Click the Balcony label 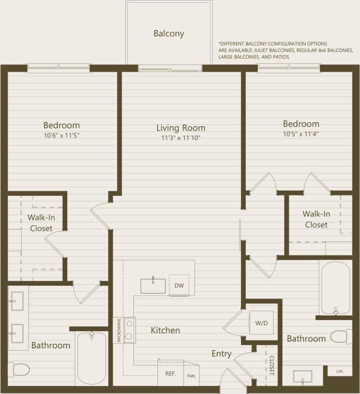coord(169,34)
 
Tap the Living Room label coord(181,128)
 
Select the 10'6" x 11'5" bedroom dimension coord(61,136)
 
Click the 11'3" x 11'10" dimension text coord(181,138)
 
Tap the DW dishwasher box coord(179,285)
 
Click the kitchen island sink coord(153,285)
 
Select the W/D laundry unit coord(261,323)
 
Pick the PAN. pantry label coord(191,376)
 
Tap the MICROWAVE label coord(118,330)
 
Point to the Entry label coord(221,354)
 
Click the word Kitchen coord(166,330)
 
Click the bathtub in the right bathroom coord(335,287)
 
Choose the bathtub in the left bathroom coord(92,358)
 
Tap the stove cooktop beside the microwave coord(129,330)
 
